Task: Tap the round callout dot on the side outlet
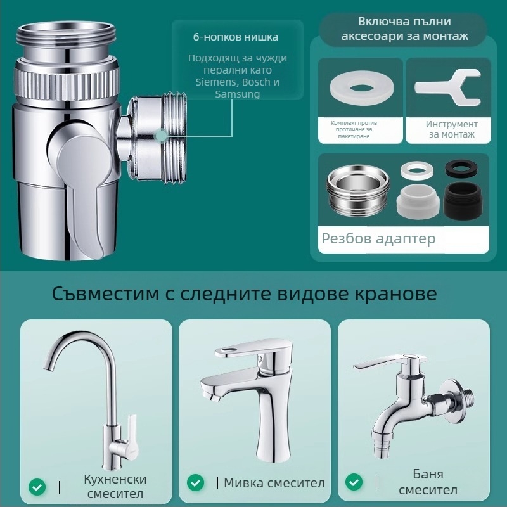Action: tap(161, 136)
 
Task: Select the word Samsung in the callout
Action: tap(237, 94)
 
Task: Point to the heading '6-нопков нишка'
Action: tap(235, 37)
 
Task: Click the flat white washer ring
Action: tap(362, 87)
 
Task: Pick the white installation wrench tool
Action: tap(449, 87)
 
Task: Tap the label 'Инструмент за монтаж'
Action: tap(451, 129)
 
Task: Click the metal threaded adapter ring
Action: tap(357, 190)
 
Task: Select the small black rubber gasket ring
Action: tap(461, 168)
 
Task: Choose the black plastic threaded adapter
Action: tap(463, 201)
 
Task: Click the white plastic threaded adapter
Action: tap(418, 202)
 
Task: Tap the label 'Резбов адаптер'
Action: tap(378, 239)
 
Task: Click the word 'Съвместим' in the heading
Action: tap(105, 293)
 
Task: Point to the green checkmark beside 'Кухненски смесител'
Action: tap(37, 487)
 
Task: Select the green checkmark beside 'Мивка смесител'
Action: tap(196, 483)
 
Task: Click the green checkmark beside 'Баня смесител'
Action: tap(354, 482)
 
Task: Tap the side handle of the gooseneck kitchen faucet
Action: tap(131, 430)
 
